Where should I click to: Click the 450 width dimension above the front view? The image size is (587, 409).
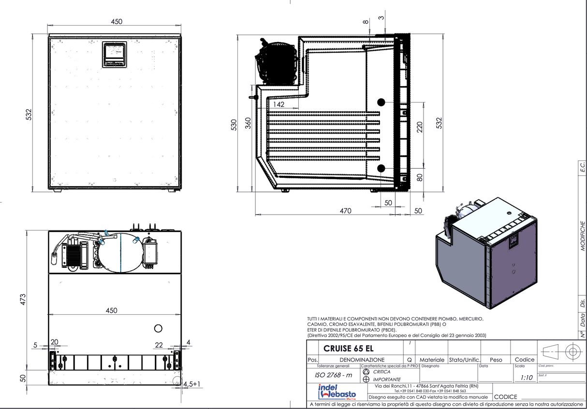pyautogui.click(x=116, y=21)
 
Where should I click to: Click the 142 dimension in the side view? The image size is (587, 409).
pyautogui.click(x=279, y=104)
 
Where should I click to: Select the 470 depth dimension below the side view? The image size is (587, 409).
pyautogui.click(x=345, y=211)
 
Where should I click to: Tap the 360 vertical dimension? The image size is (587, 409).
pyautogui.click(x=248, y=123)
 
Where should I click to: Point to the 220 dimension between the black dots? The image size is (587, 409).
pyautogui.click(x=420, y=127)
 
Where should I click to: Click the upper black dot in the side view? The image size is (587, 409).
pyautogui.click(x=381, y=102)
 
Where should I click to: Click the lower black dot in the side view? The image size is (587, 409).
pyautogui.click(x=381, y=168)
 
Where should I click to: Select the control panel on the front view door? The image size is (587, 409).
pyautogui.click(x=115, y=54)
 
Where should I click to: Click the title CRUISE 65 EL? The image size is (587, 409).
pyautogui.click(x=348, y=348)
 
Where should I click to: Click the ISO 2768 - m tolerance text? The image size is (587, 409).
pyautogui.click(x=334, y=375)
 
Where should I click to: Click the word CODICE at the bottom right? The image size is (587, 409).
pyautogui.click(x=505, y=397)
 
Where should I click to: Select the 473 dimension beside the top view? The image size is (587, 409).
pyautogui.click(x=23, y=300)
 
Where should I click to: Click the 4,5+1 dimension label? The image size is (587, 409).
pyautogui.click(x=192, y=384)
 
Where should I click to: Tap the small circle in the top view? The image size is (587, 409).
pyautogui.click(x=158, y=328)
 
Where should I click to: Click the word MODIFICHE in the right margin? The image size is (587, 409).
pyautogui.click(x=583, y=235)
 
